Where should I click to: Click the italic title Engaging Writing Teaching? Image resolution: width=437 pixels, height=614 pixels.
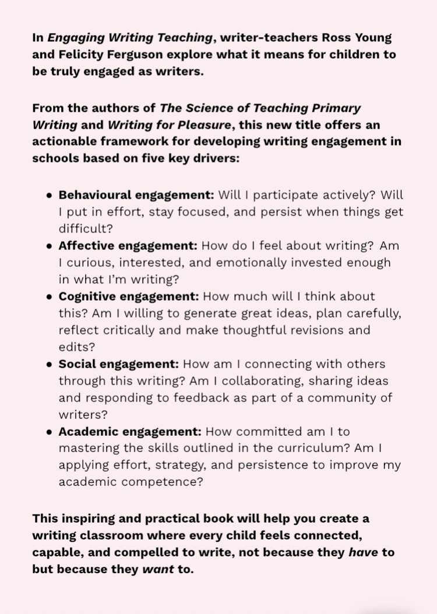(130, 38)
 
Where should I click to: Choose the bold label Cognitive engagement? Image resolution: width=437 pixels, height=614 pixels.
(129, 296)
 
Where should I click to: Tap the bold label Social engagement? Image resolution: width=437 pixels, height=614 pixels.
(119, 364)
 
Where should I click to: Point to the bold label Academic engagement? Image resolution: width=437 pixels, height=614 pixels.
(130, 432)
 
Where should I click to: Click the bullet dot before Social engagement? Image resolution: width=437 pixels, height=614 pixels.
(50, 365)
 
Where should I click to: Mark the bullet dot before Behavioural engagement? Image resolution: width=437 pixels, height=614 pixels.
(50, 195)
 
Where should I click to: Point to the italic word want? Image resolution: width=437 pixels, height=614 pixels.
(158, 569)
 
